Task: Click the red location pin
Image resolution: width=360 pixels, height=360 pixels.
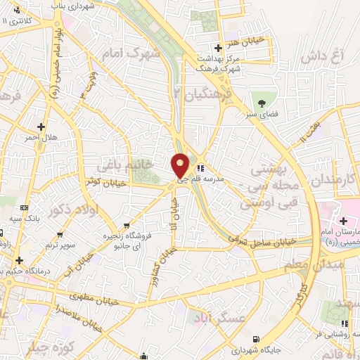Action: pos(181,165)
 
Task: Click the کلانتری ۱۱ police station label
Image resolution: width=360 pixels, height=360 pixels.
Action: pos(20,20)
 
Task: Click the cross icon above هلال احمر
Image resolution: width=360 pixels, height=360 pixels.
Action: pos(41,127)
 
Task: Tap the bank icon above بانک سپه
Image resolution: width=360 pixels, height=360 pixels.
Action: pos(25,208)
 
